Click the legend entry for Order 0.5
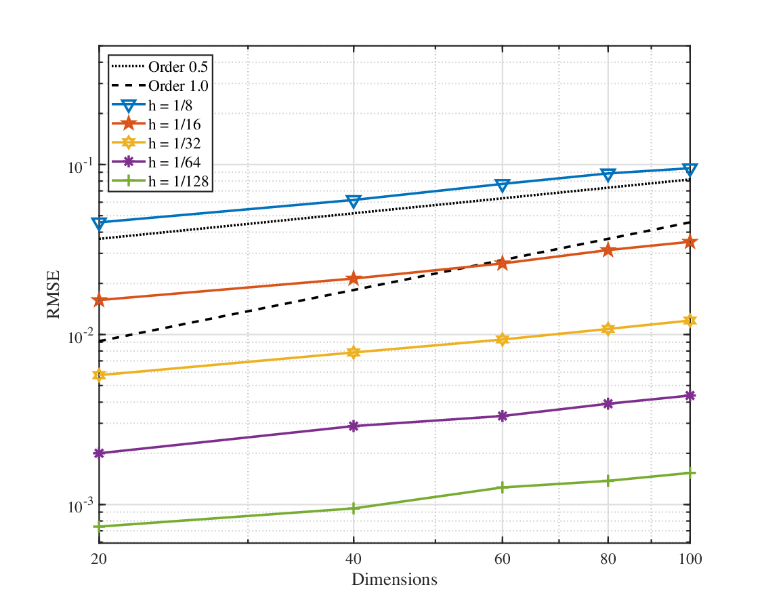159,66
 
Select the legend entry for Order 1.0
159,85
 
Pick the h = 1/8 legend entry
152,105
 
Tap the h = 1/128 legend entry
160,182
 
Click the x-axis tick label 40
354,559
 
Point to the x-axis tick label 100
690,559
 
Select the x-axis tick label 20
99,559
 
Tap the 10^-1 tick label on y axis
80,166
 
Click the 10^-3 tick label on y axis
80,506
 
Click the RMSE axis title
53,294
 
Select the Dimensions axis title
394,579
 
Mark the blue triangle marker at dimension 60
502,185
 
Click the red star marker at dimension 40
354,279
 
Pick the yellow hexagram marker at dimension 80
608,329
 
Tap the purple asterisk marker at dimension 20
99,453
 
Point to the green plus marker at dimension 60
502,487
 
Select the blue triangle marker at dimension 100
690,169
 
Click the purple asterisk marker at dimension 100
690,396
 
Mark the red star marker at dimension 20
99,300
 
